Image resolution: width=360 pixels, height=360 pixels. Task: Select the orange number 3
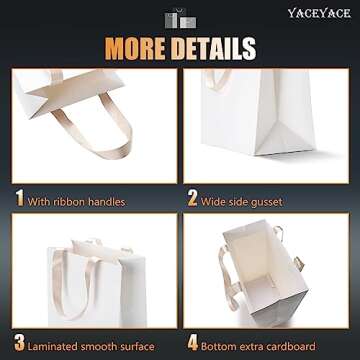[x=17, y=346]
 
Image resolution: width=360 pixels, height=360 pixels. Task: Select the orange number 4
[x=192, y=346]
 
